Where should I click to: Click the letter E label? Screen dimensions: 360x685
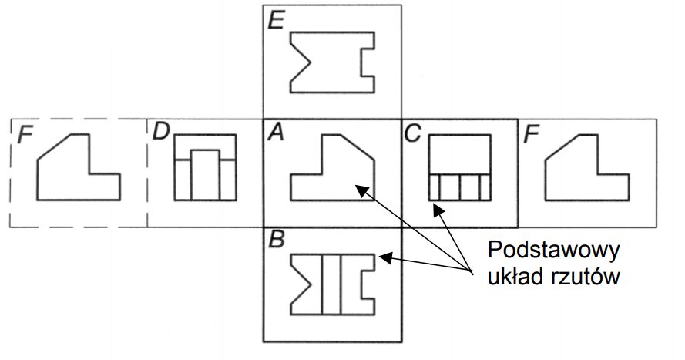point(274,19)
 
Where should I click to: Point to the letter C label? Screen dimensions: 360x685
point(412,133)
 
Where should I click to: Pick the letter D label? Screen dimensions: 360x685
point(161,132)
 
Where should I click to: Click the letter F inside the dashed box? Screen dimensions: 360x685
point(25,135)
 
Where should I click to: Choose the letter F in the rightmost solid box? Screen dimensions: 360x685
point(530,135)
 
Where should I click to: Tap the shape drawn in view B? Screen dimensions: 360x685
point(332,284)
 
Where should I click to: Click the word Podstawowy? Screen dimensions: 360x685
point(555,252)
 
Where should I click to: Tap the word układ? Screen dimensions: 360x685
point(511,277)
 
